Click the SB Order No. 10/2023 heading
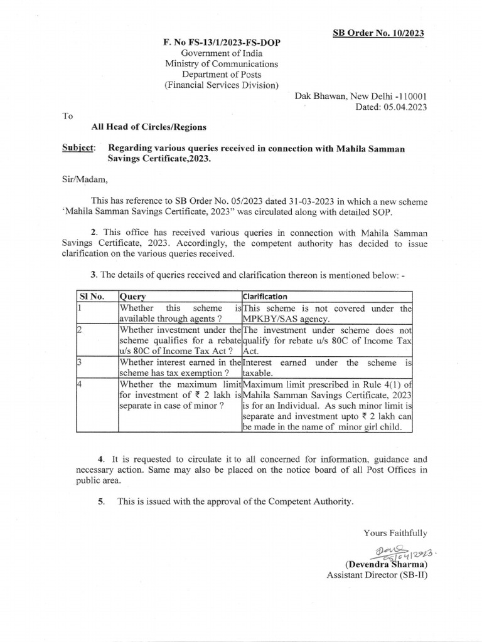[x=378, y=33]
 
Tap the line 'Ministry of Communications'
[x=221, y=64]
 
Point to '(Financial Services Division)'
[x=221, y=85]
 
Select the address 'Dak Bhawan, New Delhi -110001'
[x=361, y=97]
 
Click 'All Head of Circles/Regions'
[x=149, y=127]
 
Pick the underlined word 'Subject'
[x=78, y=148]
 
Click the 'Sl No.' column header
[x=92, y=296]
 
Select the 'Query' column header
[x=132, y=296]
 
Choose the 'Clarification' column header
[x=265, y=296]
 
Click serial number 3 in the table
[x=80, y=362]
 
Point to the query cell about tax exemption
[x=179, y=367]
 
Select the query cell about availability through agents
[x=179, y=313]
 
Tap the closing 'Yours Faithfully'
[x=395, y=533]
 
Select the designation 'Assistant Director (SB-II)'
[x=377, y=575]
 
